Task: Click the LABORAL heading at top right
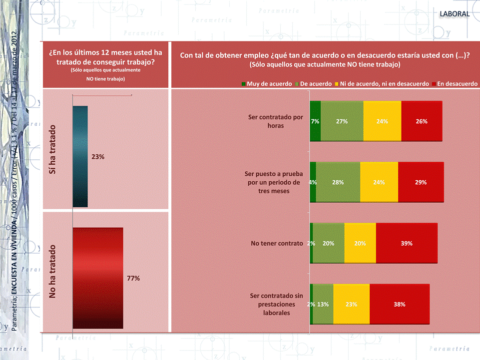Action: pyautogui.click(x=455, y=14)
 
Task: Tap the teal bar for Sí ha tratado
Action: pyautogui.click(x=80, y=152)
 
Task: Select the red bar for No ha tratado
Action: pyautogui.click(x=98, y=278)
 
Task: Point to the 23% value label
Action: pyautogui.click(x=98, y=157)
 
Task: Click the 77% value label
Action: pyautogui.click(x=133, y=279)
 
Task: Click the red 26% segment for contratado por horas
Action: pyautogui.click(x=422, y=121)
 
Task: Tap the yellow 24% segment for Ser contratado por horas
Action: pyautogui.click(x=382, y=121)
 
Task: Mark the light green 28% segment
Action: pyautogui.click(x=338, y=182)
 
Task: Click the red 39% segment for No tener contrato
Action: pyautogui.click(x=407, y=244)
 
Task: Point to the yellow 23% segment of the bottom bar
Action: pyautogui.click(x=351, y=304)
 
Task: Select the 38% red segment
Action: pyautogui.click(x=399, y=304)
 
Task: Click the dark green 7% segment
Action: pyautogui.click(x=315, y=121)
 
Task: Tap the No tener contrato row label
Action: pyautogui.click(x=277, y=244)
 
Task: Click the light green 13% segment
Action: pyautogui.click(x=323, y=304)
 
